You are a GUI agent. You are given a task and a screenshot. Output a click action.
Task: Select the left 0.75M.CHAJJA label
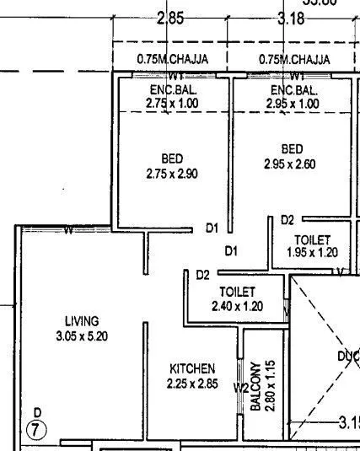click(172, 60)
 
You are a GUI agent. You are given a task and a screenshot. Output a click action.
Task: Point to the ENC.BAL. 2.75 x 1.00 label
click(172, 96)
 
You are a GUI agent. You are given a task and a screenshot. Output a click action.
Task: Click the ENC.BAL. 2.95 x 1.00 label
click(293, 96)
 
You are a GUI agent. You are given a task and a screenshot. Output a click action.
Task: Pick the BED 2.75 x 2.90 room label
click(172, 166)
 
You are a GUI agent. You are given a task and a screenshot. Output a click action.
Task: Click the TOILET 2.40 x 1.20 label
click(237, 298)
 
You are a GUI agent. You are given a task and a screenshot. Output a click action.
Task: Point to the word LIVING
click(82, 321)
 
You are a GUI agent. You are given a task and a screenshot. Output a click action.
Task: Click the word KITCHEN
click(192, 369)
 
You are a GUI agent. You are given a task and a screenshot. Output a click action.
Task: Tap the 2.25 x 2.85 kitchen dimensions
click(192, 384)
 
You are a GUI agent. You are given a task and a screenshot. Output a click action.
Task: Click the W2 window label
click(241, 389)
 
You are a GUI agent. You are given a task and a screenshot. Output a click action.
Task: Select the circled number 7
click(37, 428)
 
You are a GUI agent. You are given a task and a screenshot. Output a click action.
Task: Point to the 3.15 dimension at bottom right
click(347, 421)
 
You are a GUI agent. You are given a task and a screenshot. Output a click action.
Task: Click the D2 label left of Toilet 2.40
click(202, 275)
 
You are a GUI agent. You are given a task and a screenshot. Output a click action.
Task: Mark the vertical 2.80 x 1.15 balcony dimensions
click(271, 386)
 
